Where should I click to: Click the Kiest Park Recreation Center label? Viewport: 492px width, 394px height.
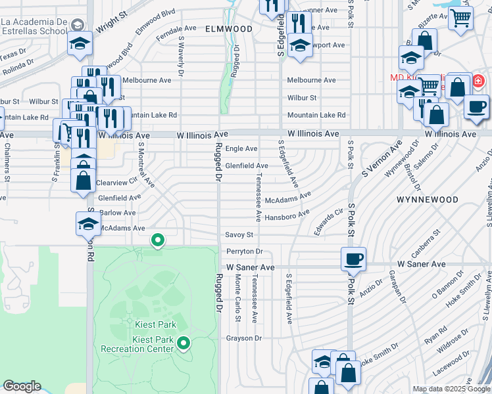pos(137,343)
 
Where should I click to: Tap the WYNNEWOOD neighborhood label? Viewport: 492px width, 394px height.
pos(427,199)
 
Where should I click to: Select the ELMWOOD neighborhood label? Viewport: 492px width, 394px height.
pos(228,30)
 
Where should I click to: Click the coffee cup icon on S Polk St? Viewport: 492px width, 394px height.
pos(353,259)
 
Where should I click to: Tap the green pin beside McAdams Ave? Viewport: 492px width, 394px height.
pos(158,240)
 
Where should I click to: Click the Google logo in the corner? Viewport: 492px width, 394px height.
pos(22,386)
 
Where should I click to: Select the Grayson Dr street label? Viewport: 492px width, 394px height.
pos(244,339)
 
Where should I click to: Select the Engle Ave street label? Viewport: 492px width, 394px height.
pos(241,149)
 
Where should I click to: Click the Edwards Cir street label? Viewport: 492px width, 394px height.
pos(329,223)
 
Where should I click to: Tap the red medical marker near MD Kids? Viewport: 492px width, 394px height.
pos(478,83)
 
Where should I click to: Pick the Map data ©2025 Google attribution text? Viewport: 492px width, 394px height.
pos(451,389)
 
